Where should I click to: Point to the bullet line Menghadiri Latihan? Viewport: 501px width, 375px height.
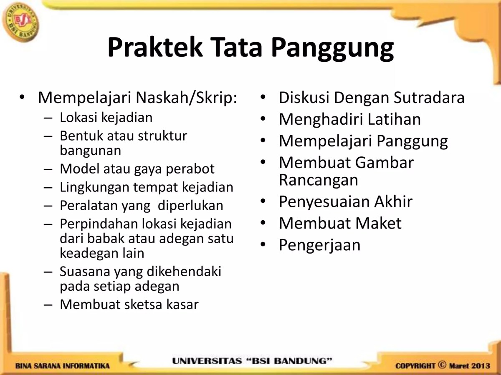[x=349, y=119]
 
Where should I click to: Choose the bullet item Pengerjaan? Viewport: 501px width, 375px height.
[x=319, y=244]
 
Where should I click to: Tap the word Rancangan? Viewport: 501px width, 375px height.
[x=319, y=180]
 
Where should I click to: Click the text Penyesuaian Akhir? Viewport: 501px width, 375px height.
[x=345, y=201]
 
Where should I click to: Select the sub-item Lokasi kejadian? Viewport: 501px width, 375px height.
[x=106, y=117]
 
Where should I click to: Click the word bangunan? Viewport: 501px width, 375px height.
[x=91, y=150]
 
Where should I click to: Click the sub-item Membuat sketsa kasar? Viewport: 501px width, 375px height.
[x=129, y=305]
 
